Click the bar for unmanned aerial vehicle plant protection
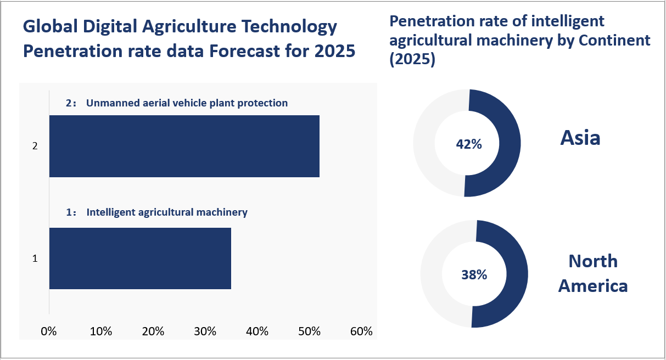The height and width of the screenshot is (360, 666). click(x=184, y=146)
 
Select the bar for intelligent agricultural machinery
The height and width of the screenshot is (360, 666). click(x=140, y=258)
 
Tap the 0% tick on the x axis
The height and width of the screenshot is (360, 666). click(x=49, y=331)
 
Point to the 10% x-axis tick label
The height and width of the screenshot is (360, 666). click(x=101, y=331)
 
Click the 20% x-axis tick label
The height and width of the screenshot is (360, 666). click(x=153, y=331)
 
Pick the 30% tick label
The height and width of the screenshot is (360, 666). click(x=205, y=331)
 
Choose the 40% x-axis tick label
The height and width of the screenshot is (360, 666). click(x=257, y=331)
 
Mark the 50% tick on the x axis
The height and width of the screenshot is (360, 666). click(x=309, y=331)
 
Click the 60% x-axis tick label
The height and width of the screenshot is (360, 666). click(x=361, y=331)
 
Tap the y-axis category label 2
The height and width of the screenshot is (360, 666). click(x=35, y=147)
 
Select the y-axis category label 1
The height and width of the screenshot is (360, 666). click(x=35, y=258)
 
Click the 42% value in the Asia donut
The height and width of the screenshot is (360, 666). click(x=469, y=144)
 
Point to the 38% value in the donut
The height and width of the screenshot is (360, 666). click(x=474, y=274)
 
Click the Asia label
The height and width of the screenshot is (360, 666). click(x=580, y=138)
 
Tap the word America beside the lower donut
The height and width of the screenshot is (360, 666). click(x=593, y=286)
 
